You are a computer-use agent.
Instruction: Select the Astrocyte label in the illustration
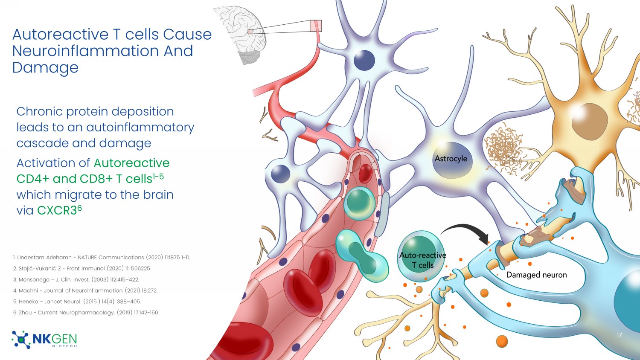point(451,159)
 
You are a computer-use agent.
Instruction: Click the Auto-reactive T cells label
point(422,260)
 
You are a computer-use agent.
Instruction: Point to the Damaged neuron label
point(536,275)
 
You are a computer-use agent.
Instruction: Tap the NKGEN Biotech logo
point(44,340)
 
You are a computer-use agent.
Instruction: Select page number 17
point(619,335)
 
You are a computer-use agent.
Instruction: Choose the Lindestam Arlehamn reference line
point(101,258)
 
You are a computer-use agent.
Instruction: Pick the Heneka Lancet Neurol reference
point(77,302)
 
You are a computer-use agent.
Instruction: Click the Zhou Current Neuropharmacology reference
point(85,313)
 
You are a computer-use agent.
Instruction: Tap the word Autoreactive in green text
point(131,163)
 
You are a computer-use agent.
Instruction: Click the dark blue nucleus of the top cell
point(364,60)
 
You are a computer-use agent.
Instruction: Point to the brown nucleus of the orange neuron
point(589,121)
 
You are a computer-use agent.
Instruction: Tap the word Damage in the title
point(45,68)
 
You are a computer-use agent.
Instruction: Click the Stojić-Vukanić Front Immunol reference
point(82,269)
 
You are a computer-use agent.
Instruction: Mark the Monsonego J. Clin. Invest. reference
point(76,280)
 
